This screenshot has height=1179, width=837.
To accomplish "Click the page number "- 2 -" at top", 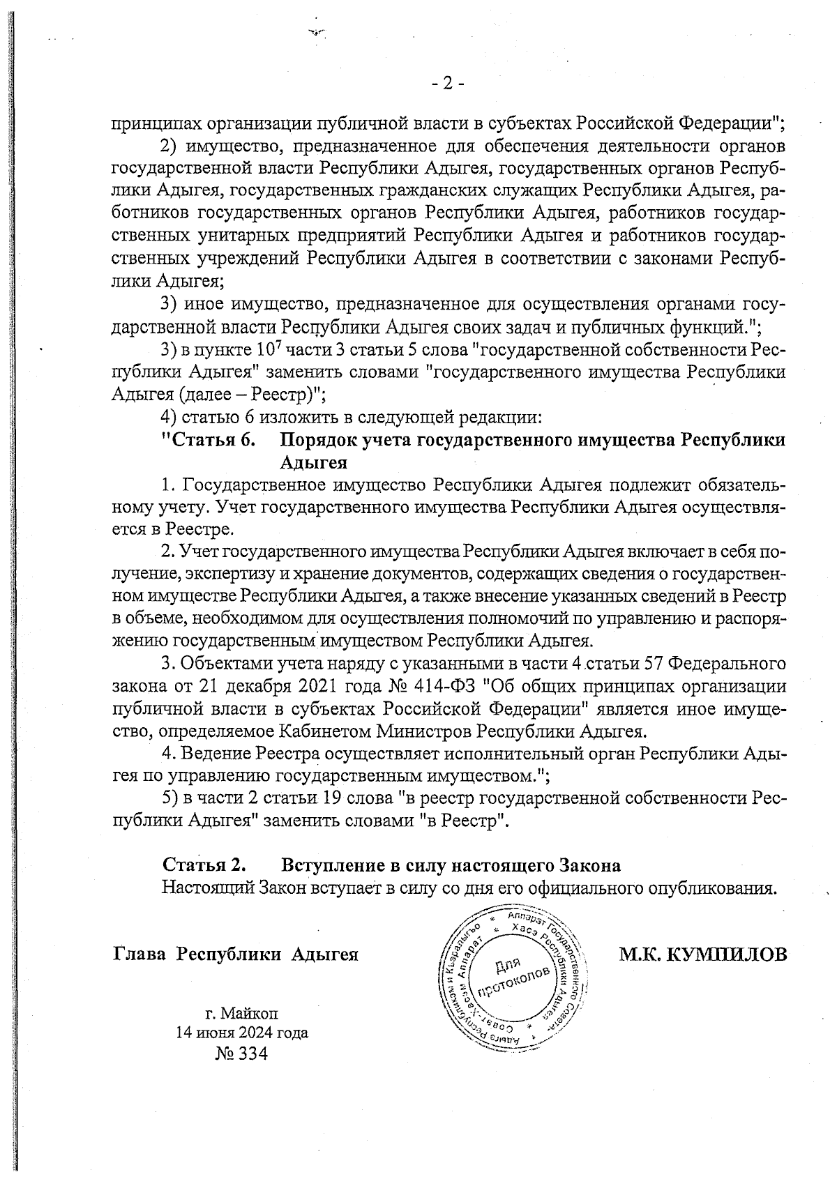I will coord(447,84).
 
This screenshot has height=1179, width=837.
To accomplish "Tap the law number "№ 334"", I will coord(242,1054).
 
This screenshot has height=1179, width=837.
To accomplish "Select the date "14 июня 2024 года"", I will coord(242,1033).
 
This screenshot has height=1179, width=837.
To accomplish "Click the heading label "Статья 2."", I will coord(204,865).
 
